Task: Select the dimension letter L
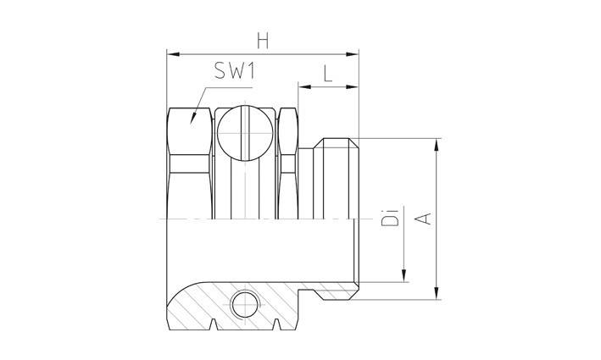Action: [x=328, y=72]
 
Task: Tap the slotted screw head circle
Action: [x=243, y=134]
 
